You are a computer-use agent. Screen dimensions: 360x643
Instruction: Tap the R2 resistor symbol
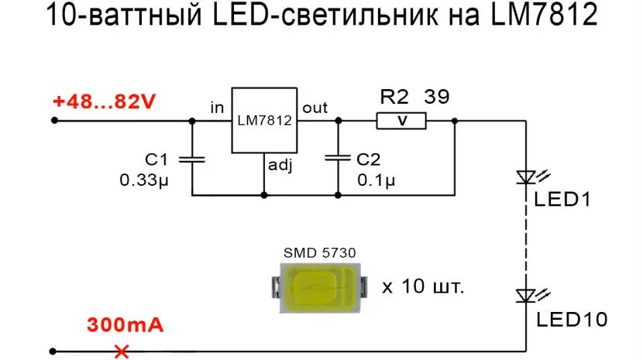pos(401,121)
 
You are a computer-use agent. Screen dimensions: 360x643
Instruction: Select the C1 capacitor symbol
pos(191,159)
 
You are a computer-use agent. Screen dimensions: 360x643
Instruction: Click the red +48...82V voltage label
pos(104,102)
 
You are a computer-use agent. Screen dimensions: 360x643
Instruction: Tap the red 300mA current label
pos(125,324)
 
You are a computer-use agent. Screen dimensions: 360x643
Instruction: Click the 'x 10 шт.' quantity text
pos(423,287)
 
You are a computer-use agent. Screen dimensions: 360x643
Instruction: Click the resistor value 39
pos(436,98)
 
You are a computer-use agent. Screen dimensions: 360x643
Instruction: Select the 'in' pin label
pos(217,108)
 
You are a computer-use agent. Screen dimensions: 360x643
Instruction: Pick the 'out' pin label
pos(315,108)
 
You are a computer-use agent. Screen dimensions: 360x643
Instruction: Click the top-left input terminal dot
pos(54,120)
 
